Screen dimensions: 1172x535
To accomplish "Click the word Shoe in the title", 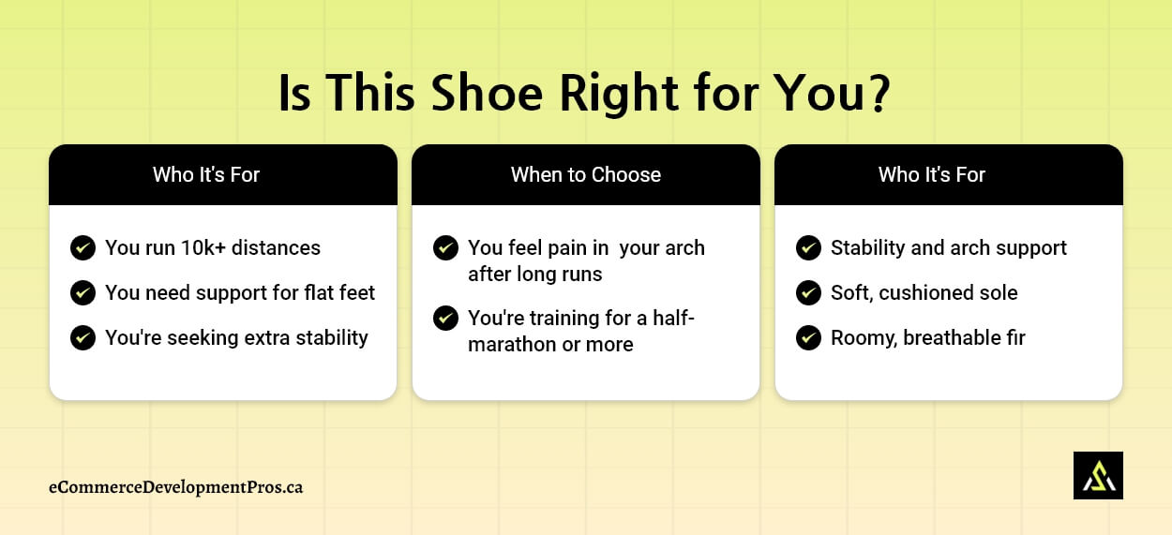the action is (487, 93).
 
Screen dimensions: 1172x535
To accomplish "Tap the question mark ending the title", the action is (877, 93).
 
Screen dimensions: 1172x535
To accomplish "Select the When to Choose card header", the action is (585, 174).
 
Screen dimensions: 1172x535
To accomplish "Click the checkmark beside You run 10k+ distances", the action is (83, 247).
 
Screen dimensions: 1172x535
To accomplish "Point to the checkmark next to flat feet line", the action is (83, 292).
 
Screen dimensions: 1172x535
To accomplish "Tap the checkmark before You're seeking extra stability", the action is (83, 337).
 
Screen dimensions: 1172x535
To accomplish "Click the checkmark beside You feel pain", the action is (445, 247).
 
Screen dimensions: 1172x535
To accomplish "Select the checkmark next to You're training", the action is (445, 318).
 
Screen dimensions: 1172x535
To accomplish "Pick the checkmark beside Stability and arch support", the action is (808, 247).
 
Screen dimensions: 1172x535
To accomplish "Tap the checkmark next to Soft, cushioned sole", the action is (808, 292).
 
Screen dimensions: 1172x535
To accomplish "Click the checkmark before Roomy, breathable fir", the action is (808, 337).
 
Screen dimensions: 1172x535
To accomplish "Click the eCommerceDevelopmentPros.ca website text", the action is (176, 487).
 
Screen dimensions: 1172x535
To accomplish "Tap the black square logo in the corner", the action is (1098, 475).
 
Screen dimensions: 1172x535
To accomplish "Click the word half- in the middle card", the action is (673, 318).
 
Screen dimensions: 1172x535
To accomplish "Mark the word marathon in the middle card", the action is (512, 345).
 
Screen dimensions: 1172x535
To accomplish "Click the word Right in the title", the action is (619, 94).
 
